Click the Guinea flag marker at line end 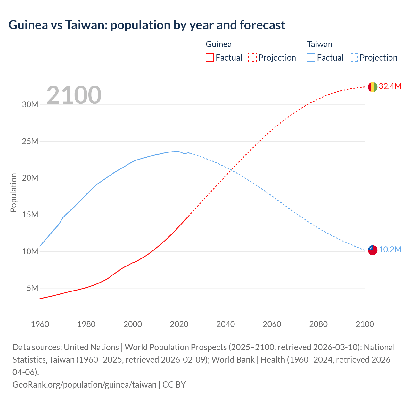tap(373, 87)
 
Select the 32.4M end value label tap(390, 86)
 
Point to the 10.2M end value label tap(390, 250)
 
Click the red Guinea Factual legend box tap(209, 58)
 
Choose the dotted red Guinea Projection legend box tap(252, 58)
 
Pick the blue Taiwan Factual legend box tap(311, 58)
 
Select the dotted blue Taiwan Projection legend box tap(354, 58)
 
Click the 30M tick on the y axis tap(30, 104)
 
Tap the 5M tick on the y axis tap(32, 288)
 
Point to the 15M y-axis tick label tap(30, 215)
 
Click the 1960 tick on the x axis tap(40, 324)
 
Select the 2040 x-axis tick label tap(225, 324)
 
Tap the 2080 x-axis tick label tap(318, 324)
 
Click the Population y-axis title tap(13, 193)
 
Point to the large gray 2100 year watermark tap(74, 95)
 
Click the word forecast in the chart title tap(262, 25)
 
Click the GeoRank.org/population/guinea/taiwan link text tap(84, 384)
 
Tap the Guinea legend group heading tap(218, 44)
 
